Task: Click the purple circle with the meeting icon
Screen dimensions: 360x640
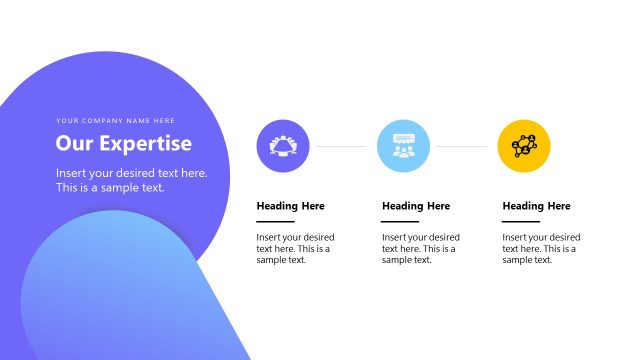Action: (283, 146)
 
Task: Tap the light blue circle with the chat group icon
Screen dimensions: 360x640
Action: (403, 146)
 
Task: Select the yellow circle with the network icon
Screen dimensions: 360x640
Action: (524, 146)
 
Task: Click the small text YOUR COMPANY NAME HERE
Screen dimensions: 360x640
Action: (115, 121)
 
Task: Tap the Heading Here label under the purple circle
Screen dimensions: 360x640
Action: (290, 206)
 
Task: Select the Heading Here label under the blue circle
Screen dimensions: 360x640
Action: (416, 206)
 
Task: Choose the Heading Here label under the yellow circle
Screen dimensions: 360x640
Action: (536, 206)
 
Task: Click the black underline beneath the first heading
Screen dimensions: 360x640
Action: (275, 221)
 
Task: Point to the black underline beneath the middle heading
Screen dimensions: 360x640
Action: (400, 221)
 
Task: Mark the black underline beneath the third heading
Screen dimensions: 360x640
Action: (520, 221)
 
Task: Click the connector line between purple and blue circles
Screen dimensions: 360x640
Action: (343, 146)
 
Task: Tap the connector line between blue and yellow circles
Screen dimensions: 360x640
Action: (463, 146)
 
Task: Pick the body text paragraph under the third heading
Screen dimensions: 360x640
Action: (539, 249)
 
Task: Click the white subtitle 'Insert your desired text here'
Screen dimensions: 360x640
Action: (132, 173)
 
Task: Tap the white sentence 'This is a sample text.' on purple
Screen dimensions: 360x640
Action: (110, 187)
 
